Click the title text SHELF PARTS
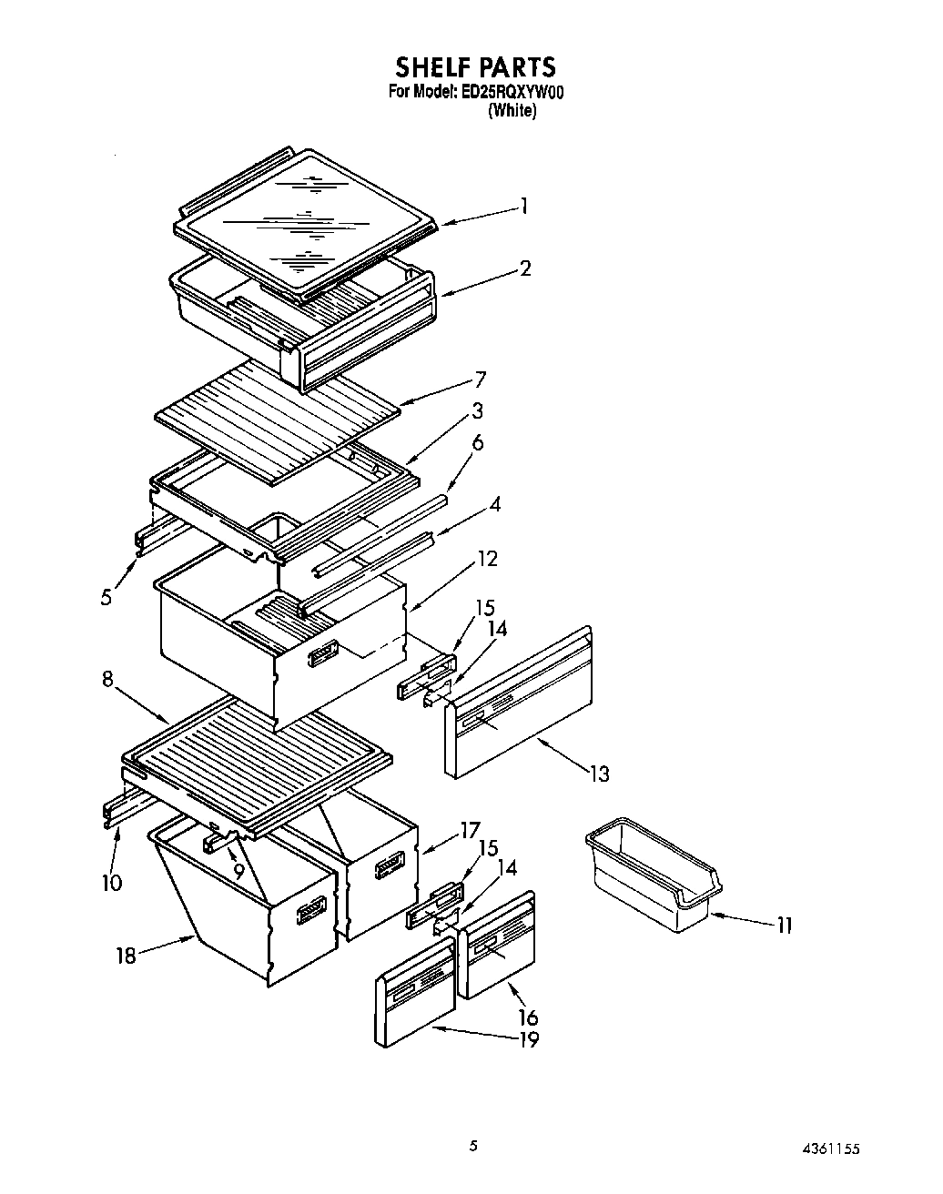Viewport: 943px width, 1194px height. pos(474,66)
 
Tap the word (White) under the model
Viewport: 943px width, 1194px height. pos(512,111)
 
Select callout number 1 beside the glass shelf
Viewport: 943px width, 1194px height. pos(524,207)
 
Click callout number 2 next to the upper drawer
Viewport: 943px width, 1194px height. pos(525,268)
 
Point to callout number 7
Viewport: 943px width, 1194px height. pos(480,379)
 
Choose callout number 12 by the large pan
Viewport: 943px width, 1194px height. pos(488,559)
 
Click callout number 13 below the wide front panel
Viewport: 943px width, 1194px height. pos(598,774)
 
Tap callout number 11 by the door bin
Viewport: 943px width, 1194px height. pos(784,925)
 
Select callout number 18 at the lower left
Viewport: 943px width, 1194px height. pos(126,955)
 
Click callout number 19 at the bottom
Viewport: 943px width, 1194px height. pos(528,1039)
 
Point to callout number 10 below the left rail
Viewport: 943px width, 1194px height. pos(112,882)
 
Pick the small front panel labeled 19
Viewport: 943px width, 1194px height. pos(415,997)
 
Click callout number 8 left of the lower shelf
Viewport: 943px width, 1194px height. pos(107,680)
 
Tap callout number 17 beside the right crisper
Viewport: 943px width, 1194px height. pos(470,830)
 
